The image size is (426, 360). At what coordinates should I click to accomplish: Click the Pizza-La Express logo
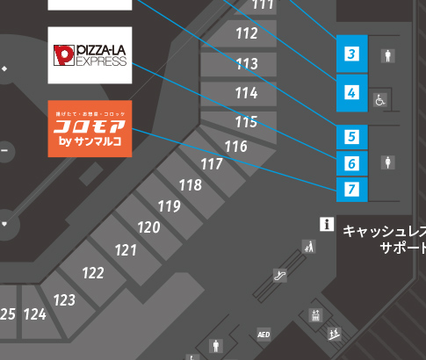90,55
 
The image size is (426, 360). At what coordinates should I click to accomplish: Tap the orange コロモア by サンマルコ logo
90,128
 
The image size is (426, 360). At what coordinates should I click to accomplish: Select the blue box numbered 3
351,54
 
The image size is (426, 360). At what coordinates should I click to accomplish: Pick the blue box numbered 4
351,91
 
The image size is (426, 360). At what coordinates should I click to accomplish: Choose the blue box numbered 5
351,137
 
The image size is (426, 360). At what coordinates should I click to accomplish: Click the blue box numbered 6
351,162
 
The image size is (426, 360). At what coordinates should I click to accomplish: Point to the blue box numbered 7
351,188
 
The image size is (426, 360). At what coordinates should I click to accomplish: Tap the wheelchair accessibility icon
381,99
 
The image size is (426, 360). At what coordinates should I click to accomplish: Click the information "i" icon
327,224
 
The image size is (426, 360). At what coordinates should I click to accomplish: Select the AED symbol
264,335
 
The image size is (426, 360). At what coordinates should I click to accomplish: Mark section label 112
247,34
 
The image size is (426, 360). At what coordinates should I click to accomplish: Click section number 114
246,92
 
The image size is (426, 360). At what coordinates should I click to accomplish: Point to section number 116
235,146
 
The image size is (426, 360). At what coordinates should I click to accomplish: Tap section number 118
190,185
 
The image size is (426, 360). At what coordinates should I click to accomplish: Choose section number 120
148,227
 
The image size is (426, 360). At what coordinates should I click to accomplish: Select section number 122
93,273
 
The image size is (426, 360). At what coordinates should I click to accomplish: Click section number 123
64,300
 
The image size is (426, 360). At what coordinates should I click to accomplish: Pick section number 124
35,313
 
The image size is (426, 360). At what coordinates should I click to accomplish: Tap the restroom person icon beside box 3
387,55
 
